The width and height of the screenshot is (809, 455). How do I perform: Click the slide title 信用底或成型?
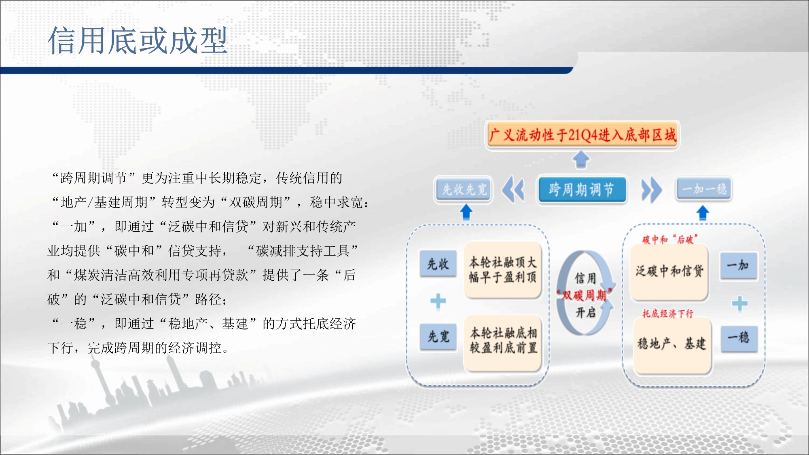[x=138, y=40]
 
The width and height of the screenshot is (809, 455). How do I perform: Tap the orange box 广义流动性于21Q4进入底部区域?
[x=582, y=135]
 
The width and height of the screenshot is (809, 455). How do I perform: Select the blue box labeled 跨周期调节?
[x=581, y=189]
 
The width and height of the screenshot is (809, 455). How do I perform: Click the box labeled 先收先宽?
[x=464, y=189]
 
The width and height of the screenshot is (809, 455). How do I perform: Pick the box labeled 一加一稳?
[x=704, y=189]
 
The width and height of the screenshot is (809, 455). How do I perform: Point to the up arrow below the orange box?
[x=581, y=159]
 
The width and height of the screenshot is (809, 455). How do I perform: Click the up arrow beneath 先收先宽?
[x=466, y=212]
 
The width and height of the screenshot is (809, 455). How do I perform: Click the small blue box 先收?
[x=438, y=264]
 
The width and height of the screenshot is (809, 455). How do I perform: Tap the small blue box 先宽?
[x=438, y=336]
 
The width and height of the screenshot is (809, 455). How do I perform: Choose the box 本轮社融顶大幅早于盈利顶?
[x=503, y=270]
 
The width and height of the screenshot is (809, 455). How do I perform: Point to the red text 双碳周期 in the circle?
[x=585, y=295]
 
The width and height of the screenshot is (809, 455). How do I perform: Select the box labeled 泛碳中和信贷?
[x=669, y=272]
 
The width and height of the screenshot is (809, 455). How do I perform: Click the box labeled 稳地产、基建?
[x=672, y=345]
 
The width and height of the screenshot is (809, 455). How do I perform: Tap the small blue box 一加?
[x=738, y=266]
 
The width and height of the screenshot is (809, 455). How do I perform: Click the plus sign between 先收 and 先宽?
[x=438, y=301]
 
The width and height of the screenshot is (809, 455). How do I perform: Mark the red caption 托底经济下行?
[x=668, y=313]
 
